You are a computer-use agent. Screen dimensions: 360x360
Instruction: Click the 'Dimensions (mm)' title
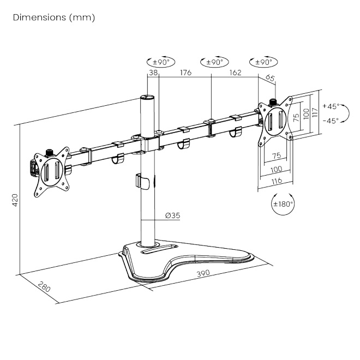coord(53,18)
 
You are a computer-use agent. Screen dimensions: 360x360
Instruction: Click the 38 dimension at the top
coord(152,73)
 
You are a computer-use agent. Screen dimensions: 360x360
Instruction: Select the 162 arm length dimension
coord(235,73)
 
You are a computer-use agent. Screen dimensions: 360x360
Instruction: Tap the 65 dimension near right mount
coord(270,78)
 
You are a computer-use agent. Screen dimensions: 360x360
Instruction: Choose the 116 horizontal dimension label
coord(276,180)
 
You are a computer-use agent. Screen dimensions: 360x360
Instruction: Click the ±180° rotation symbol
coord(283,205)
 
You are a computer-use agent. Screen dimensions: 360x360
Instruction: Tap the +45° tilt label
coord(331,106)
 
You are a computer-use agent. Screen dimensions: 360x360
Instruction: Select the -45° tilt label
coord(331,120)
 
